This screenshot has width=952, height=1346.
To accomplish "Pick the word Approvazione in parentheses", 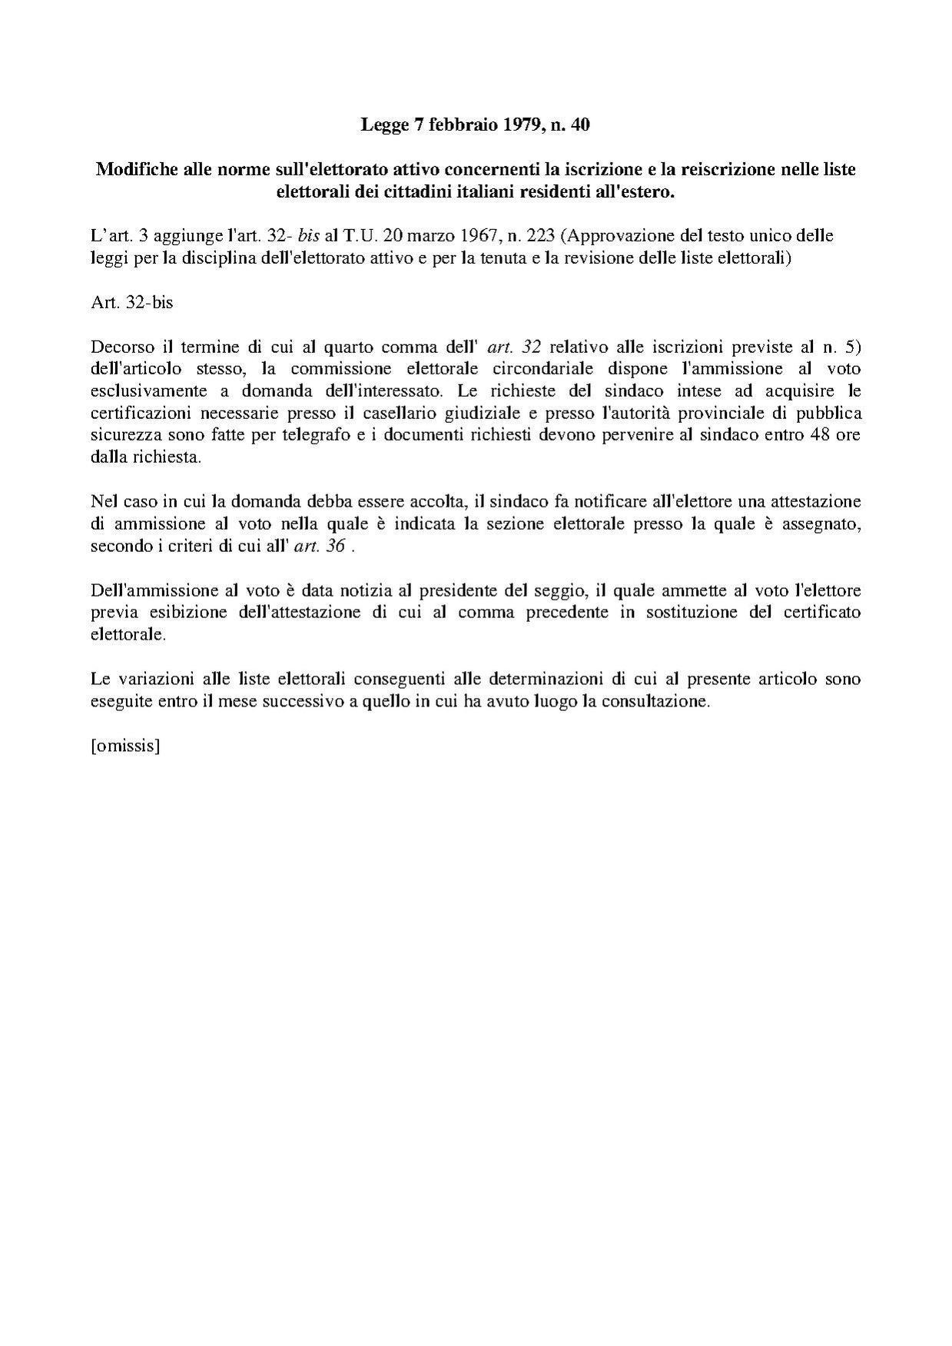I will pos(615,235).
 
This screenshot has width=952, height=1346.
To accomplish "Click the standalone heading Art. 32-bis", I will pos(131,302).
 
